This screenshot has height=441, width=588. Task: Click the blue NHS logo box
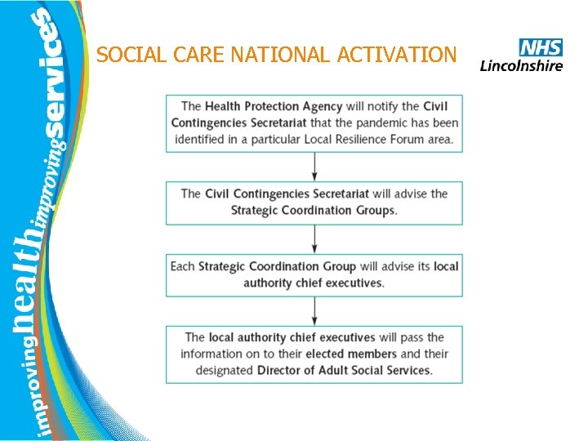[x=541, y=47]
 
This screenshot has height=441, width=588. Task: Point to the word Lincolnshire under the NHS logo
[x=521, y=65]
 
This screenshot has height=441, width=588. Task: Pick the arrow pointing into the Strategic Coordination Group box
[x=314, y=238]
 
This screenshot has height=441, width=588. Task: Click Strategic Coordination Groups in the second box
[x=314, y=210]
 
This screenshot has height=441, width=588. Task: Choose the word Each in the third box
[x=182, y=265]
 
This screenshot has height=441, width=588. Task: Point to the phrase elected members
[x=351, y=354]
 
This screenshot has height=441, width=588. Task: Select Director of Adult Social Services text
[x=344, y=370]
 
